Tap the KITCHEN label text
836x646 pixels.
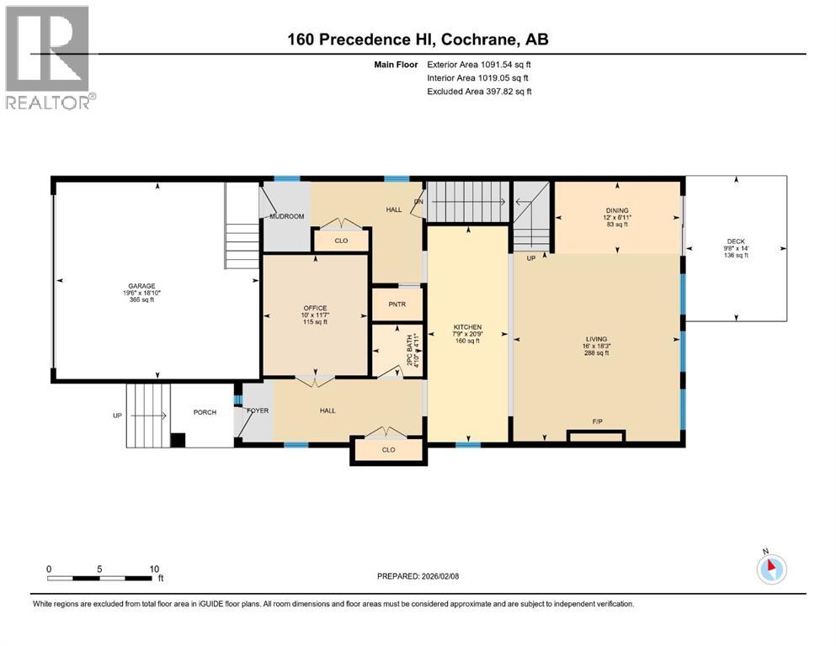click(467, 326)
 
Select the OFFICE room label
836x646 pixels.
click(315, 308)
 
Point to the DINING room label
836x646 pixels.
click(618, 211)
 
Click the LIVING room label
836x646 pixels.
click(596, 339)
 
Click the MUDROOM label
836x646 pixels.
click(286, 217)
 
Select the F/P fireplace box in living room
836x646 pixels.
click(596, 436)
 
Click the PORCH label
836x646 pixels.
click(205, 412)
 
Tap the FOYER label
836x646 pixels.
click(257, 410)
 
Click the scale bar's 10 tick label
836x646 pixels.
click(154, 569)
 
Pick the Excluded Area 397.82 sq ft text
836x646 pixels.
click(478, 92)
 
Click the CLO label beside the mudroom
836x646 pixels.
click(341, 241)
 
